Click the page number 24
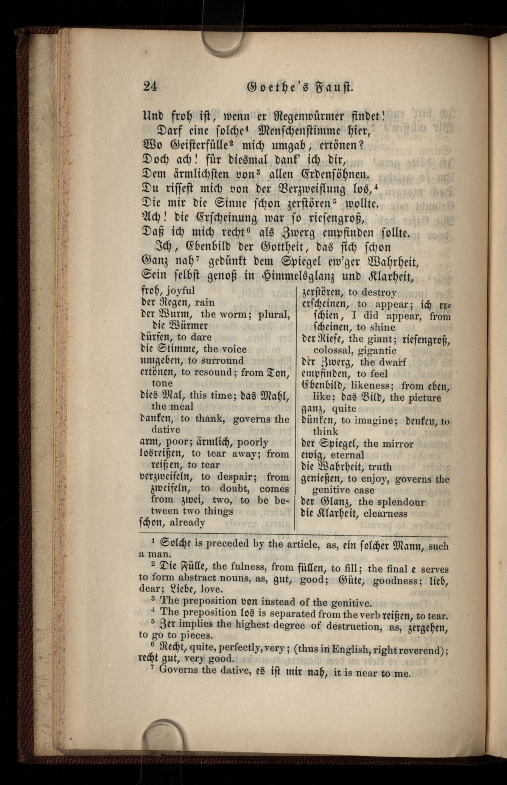150,87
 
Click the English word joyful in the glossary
180,291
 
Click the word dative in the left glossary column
166,430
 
